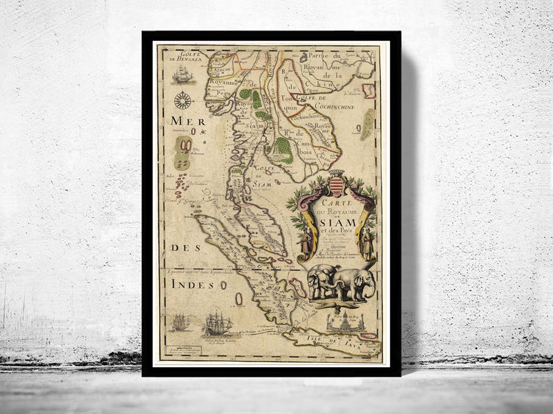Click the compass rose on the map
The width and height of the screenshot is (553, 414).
pos(183,101)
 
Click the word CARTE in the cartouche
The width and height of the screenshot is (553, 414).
pos(335,195)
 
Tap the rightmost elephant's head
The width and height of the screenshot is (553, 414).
pos(366,279)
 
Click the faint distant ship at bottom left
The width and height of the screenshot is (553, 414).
pos(180,322)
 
